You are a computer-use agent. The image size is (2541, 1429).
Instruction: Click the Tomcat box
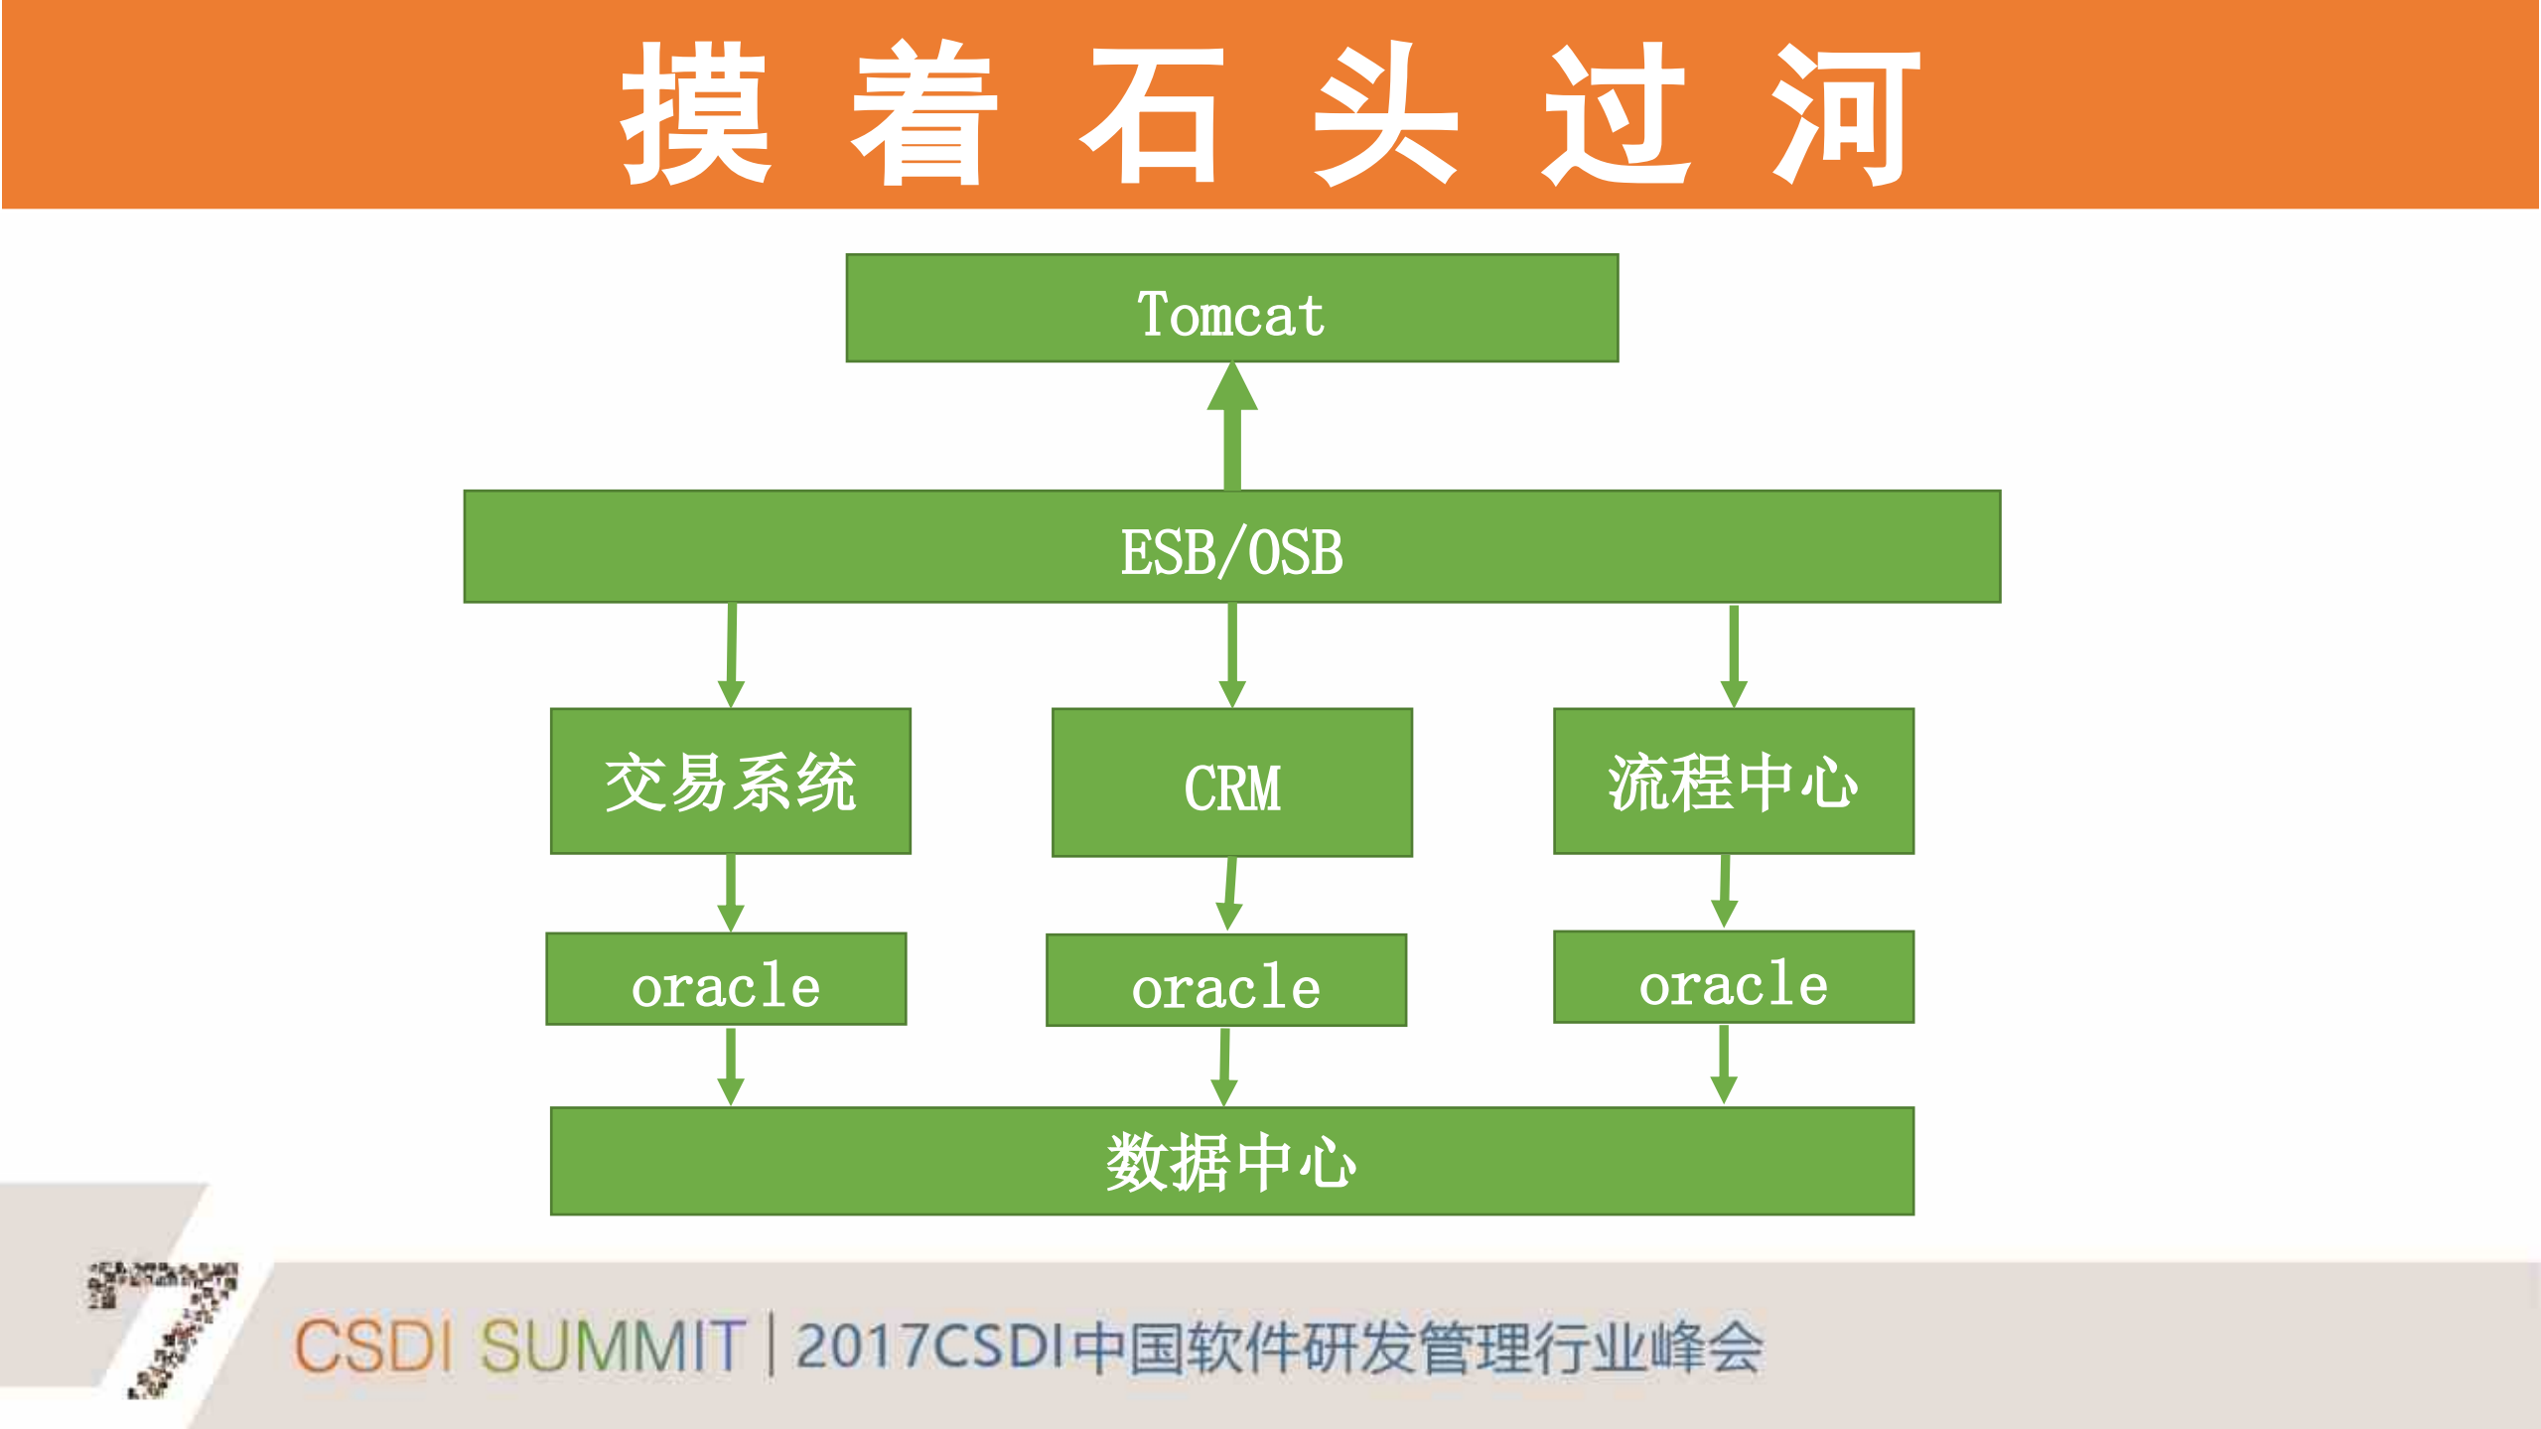tap(1231, 309)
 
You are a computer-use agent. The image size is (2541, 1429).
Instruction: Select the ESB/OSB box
tap(1231, 547)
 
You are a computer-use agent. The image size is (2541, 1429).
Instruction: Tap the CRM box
tap(1231, 783)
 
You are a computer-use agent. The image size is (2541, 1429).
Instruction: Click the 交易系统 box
tap(730, 782)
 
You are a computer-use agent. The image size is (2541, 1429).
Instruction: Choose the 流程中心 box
tap(1733, 782)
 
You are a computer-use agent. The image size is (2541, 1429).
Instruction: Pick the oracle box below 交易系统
tap(726, 979)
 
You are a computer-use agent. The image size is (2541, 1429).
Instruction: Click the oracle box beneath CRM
tap(1226, 981)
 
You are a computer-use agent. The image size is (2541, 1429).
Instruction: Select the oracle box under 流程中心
tap(1733, 977)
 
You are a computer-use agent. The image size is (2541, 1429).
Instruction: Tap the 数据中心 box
tap(1231, 1161)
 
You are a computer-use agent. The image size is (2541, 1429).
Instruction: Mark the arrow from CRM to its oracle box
tap(1230, 893)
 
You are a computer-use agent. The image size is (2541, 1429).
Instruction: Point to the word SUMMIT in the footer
tap(612, 1347)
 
